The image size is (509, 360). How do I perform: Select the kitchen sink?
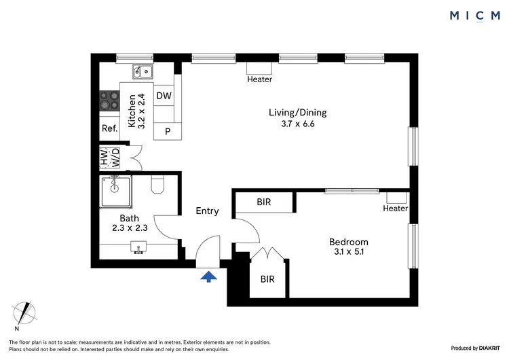click(x=143, y=71)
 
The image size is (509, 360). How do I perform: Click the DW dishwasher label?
click(x=164, y=96)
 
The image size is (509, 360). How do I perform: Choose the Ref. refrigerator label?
click(x=109, y=128)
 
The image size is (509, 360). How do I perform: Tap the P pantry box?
click(x=166, y=131)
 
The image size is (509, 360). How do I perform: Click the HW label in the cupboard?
click(x=105, y=158)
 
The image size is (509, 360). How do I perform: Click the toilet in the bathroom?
click(x=158, y=185)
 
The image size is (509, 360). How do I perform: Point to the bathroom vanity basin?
click(x=138, y=249)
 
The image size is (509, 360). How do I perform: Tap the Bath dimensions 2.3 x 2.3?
click(x=129, y=228)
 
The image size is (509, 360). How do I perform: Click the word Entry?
click(x=207, y=211)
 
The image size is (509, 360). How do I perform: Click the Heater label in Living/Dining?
click(x=259, y=79)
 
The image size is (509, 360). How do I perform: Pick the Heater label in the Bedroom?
click(x=395, y=209)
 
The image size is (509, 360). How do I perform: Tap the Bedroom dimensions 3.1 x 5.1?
click(x=348, y=253)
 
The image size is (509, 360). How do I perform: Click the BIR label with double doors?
click(x=269, y=278)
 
